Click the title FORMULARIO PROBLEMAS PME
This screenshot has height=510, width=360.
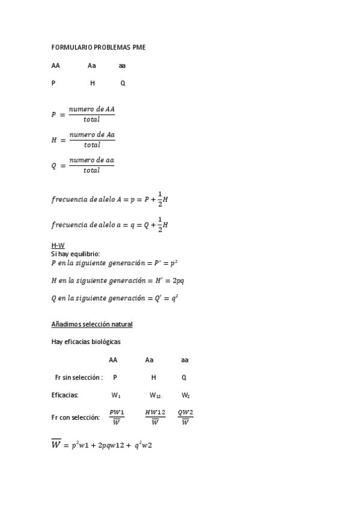[98, 48]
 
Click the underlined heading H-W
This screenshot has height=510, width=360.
[58, 245]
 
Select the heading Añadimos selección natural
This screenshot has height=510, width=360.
[92, 324]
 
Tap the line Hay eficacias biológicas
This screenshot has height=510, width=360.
[87, 342]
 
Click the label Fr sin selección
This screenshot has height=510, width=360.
[79, 378]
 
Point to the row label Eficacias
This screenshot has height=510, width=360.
[66, 395]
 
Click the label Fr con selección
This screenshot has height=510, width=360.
[76, 416]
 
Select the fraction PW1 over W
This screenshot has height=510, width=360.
[117, 416]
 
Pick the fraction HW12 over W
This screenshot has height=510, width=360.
[155, 416]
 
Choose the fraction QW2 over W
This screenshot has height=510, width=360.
[185, 416]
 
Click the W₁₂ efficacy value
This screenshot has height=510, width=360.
[156, 396]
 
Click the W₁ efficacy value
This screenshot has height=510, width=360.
[116, 396]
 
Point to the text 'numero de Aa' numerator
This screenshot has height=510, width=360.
[92, 135]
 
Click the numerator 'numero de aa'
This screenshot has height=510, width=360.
[92, 161]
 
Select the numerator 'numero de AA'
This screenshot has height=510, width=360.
[92, 109]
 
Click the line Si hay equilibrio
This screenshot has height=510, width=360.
[76, 254]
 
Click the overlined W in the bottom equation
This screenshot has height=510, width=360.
[56, 446]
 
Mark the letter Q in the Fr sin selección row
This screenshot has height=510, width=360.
[184, 378]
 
